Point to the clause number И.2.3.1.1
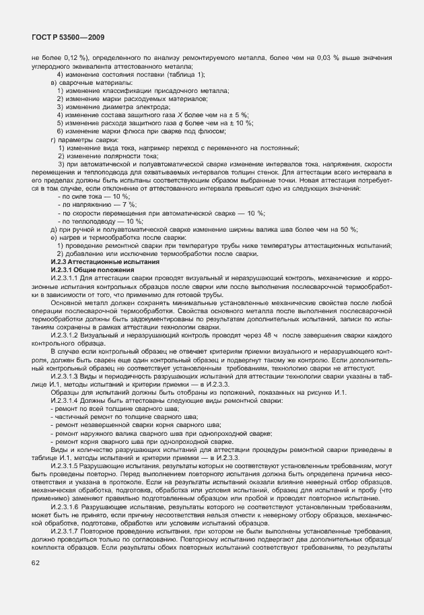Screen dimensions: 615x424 (x=66, y=278)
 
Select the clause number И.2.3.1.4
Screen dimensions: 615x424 (x=66, y=401)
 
